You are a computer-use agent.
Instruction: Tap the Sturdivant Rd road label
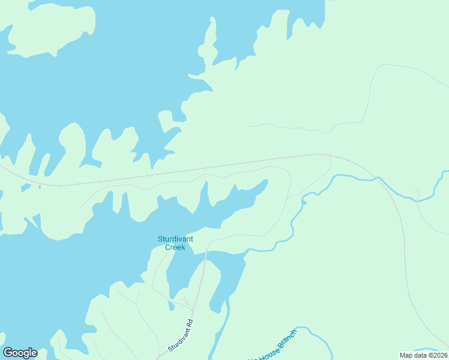[181, 335]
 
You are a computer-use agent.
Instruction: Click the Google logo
[20, 353]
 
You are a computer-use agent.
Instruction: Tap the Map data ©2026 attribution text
[423, 355]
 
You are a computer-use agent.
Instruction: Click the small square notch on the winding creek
[304, 203]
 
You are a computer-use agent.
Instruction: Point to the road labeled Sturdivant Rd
[200, 288]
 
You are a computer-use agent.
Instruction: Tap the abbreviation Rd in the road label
[189, 323]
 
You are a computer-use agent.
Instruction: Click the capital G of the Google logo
[8, 353]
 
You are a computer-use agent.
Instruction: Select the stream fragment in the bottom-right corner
[429, 350]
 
